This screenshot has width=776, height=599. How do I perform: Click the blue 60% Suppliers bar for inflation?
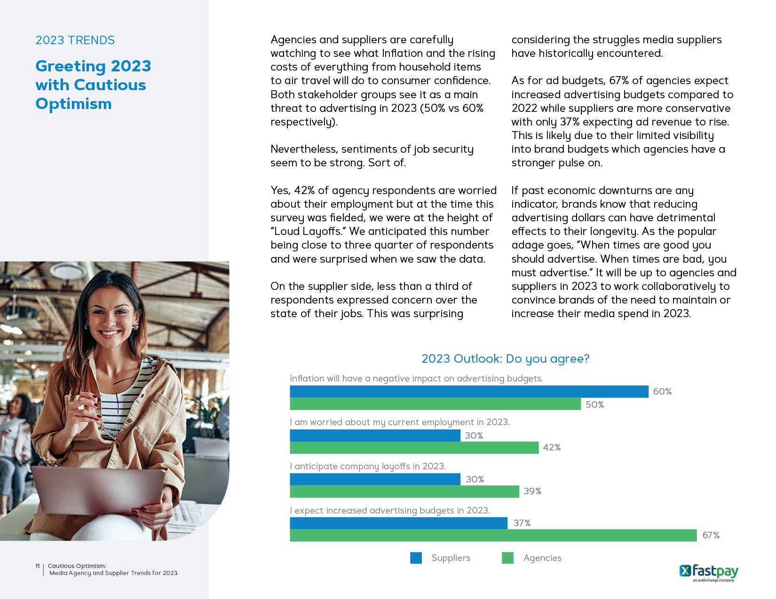coord(469,391)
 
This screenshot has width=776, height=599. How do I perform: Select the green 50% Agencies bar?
coord(435,404)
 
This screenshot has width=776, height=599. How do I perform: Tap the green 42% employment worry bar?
coord(414,448)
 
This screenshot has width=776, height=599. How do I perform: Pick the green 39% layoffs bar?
coord(404,491)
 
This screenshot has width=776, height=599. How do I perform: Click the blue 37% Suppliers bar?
coord(398,523)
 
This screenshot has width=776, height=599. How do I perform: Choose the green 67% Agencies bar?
coord(493,535)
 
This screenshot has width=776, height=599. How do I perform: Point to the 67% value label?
coord(711,535)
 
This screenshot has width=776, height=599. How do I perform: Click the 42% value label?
coord(552,447)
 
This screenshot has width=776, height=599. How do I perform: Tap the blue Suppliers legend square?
coord(416,558)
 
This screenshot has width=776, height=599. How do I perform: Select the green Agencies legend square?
coord(507,558)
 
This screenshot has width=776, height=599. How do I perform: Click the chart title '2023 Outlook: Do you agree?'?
coord(505,358)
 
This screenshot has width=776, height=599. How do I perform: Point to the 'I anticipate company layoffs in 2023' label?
coord(367,466)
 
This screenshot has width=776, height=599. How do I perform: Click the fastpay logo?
coord(709,572)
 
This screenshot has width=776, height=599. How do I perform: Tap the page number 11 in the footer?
coord(38,566)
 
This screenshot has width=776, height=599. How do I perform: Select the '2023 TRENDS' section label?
coord(75,40)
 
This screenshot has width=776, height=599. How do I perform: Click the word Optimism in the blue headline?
coord(74,104)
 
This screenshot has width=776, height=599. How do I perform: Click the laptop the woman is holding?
coord(99,491)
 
